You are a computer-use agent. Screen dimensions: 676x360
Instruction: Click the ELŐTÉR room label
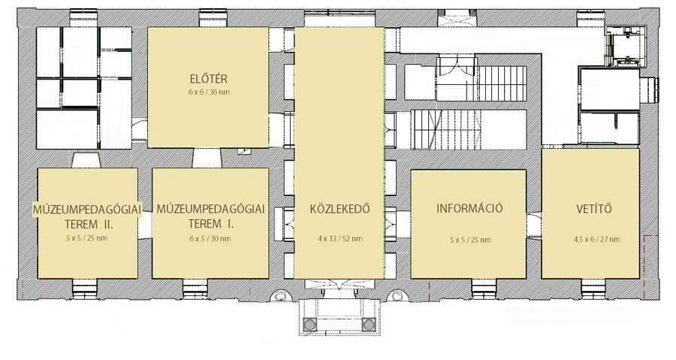208,79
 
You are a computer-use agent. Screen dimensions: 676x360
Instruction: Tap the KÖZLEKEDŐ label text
340,209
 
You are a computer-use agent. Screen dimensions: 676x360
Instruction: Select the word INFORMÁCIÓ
469,208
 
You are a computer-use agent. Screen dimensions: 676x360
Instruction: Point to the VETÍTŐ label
594,209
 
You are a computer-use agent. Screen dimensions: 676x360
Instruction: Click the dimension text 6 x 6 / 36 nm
209,92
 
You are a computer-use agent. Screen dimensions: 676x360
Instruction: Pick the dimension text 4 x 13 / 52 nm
340,238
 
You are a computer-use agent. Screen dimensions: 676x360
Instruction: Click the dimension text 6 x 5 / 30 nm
210,238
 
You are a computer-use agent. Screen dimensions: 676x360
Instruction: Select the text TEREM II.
89,224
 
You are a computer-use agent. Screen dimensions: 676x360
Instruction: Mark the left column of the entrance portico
310,324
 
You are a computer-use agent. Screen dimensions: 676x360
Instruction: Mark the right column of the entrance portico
369,324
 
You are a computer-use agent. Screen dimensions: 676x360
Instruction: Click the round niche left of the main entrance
281,295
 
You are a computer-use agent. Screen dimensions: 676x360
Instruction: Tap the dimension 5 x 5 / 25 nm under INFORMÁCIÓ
470,240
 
